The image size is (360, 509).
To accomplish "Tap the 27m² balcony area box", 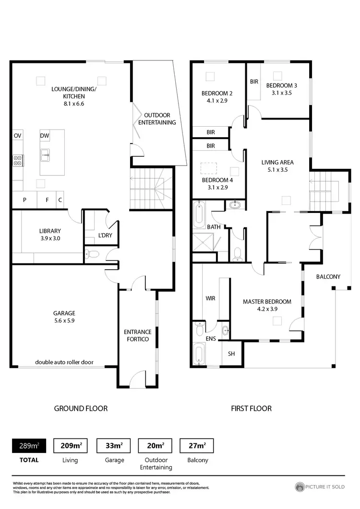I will [196, 446].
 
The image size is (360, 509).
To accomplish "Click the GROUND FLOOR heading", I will [81, 408].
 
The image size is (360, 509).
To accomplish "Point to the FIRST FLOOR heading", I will [252, 408].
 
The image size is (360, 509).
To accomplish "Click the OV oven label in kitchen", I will [18, 136].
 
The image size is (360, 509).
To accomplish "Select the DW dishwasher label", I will [45, 136].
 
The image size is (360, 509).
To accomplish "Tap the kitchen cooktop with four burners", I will [17, 160].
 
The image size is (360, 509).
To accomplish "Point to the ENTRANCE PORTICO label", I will [138, 335].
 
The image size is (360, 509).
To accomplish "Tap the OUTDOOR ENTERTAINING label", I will [157, 119].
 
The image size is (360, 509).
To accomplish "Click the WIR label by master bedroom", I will [210, 298].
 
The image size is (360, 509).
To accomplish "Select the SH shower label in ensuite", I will [231, 354].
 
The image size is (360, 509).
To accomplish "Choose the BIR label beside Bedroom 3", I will [254, 82].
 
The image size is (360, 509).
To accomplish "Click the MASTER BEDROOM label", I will [267, 305].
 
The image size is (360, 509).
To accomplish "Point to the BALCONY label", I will [328, 277].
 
